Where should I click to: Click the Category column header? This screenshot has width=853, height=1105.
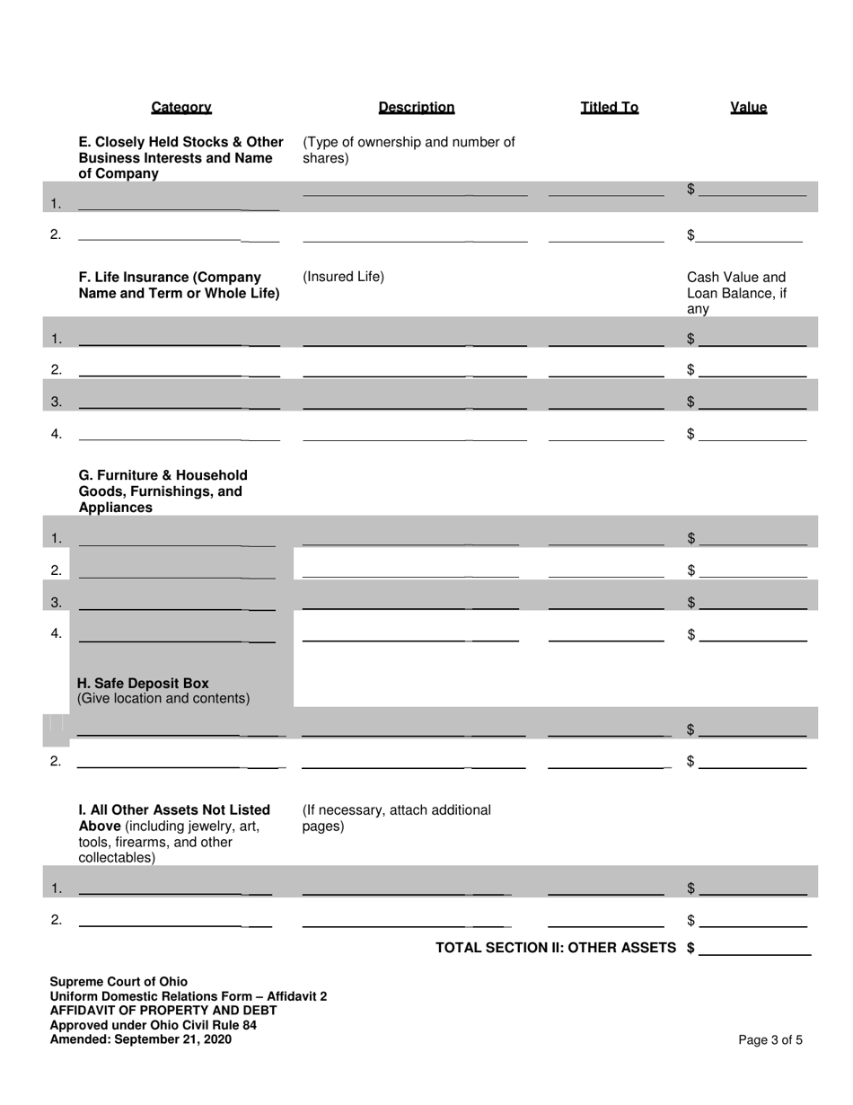click(x=180, y=108)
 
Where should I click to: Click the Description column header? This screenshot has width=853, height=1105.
click(x=416, y=108)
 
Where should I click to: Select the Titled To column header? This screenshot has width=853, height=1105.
click(x=609, y=108)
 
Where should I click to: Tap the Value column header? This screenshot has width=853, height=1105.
click(x=748, y=108)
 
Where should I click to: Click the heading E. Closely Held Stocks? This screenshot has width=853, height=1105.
click(x=180, y=157)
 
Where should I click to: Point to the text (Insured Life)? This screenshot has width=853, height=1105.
click(x=343, y=277)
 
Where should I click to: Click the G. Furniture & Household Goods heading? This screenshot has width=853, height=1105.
click(x=163, y=491)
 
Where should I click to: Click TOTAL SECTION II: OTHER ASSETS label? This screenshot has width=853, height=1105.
click(x=555, y=948)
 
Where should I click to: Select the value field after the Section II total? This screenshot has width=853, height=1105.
click(x=754, y=948)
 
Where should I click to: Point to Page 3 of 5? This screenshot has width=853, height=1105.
click(x=770, y=1040)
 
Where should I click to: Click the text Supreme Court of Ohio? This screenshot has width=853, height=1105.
click(x=119, y=981)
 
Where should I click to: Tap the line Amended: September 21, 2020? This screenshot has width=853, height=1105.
click(x=140, y=1039)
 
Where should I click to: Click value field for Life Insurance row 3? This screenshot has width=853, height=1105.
click(x=752, y=401)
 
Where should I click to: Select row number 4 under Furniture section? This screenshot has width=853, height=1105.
click(x=56, y=633)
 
